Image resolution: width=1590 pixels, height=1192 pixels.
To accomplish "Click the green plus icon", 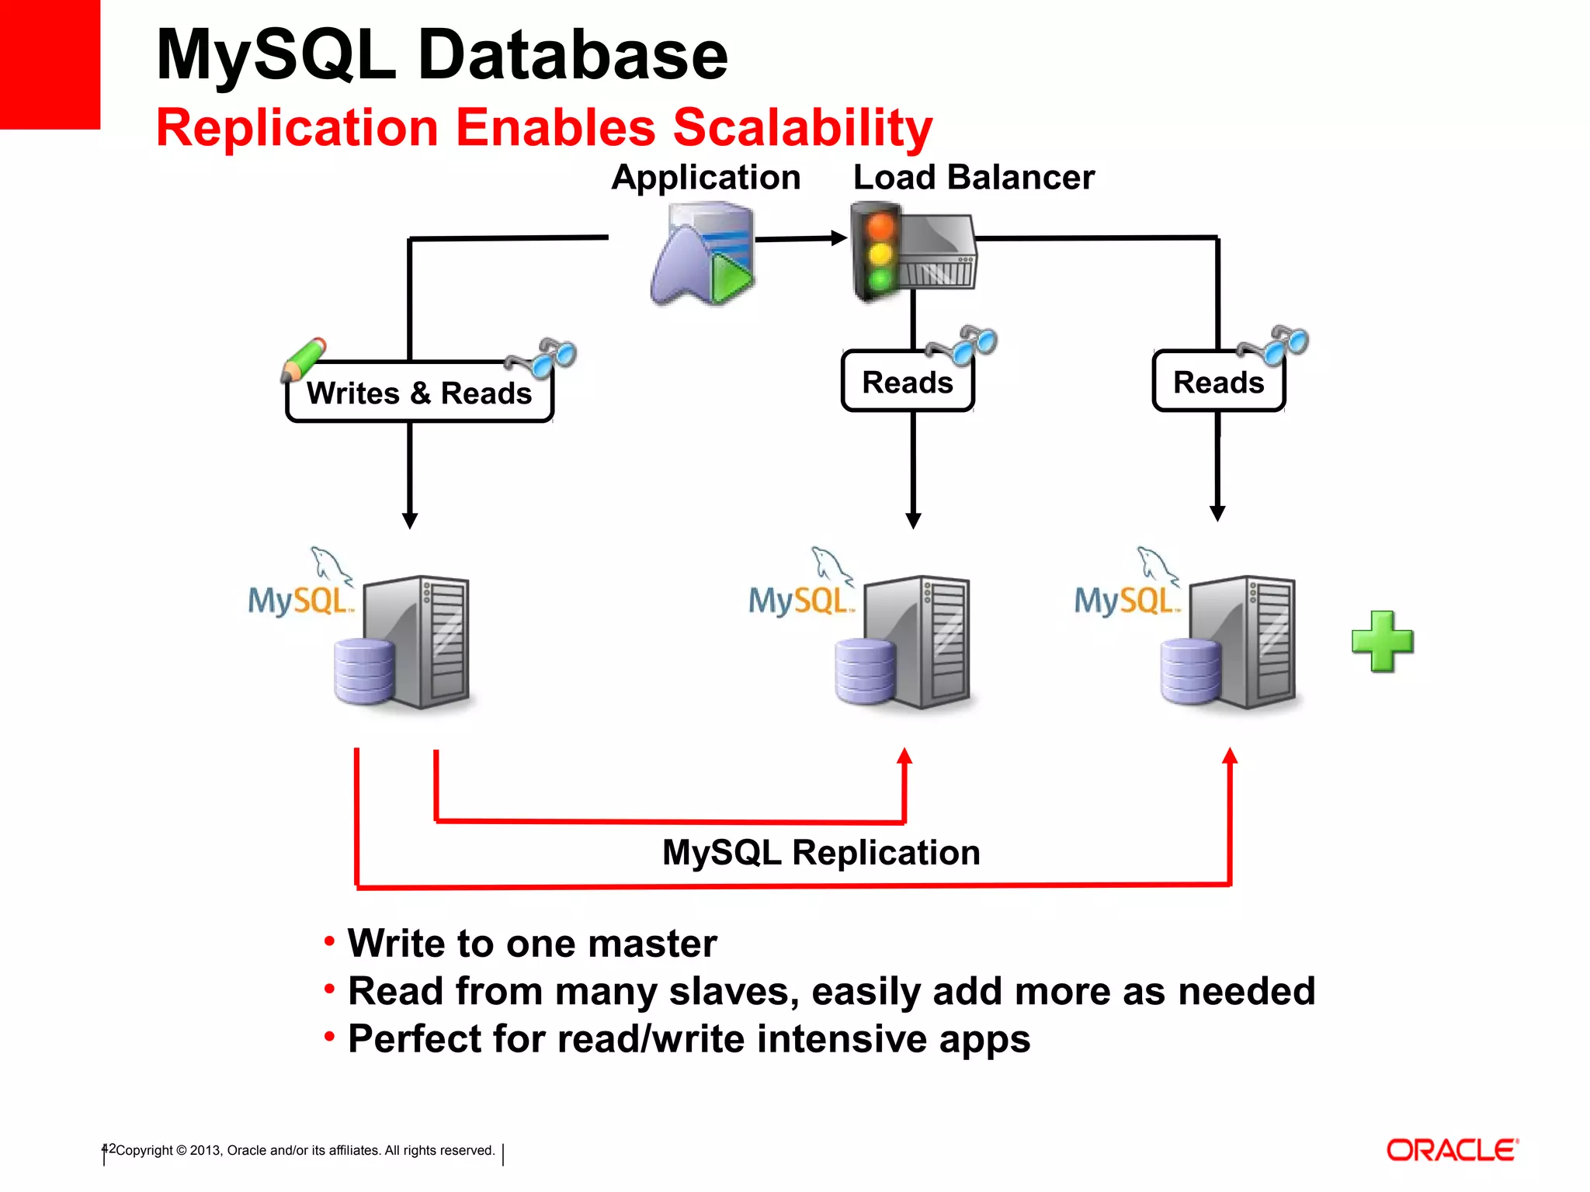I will click(1382, 641).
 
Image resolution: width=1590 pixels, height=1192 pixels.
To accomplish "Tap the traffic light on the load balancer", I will click(879, 252).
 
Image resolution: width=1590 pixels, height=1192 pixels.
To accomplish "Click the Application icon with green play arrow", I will click(703, 255).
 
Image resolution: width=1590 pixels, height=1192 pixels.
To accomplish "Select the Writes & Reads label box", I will click(419, 393).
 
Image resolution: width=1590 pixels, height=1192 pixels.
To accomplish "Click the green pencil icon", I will click(303, 359).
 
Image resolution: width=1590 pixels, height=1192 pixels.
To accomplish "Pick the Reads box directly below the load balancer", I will click(907, 383).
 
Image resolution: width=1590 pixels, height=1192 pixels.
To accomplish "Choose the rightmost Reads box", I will click(1218, 383).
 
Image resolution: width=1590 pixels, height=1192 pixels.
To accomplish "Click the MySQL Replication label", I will click(821, 852).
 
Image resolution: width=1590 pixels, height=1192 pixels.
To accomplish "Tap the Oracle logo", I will click(1452, 1150).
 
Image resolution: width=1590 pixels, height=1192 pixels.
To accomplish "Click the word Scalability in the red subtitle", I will click(802, 128).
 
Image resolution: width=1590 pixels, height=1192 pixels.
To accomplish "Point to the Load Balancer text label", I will click(974, 178).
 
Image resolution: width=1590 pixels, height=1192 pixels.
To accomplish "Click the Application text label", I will click(706, 178).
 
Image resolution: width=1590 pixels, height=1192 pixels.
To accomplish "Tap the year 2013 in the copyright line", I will click(205, 1151).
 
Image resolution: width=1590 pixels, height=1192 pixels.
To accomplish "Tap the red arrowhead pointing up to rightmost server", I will click(1230, 756).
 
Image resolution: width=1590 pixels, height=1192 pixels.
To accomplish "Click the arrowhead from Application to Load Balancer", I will click(838, 238).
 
